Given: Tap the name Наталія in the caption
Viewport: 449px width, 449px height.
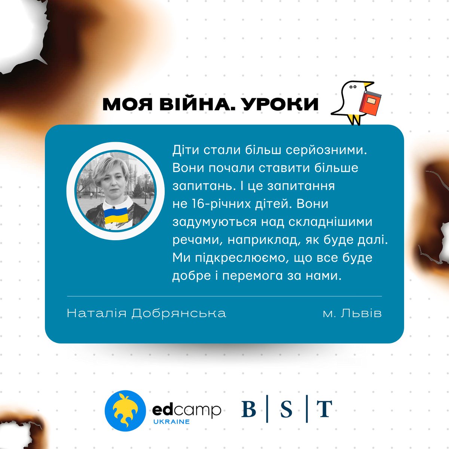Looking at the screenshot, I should [x=97, y=313].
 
